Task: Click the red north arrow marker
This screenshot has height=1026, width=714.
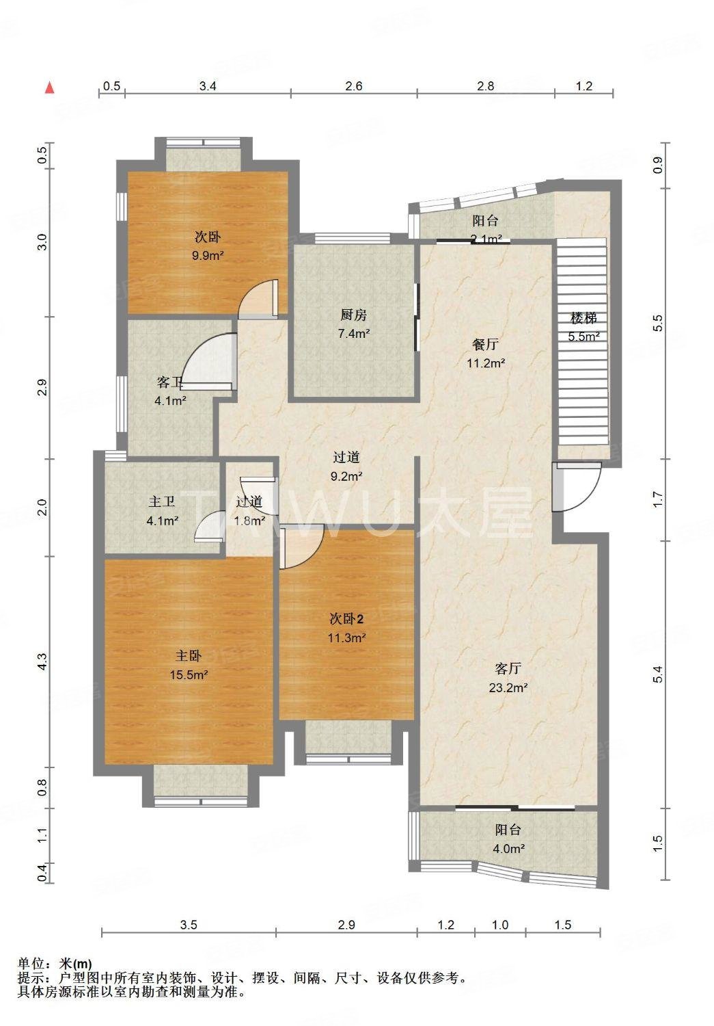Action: (x=49, y=87)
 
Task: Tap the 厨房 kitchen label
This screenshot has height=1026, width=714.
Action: (x=353, y=315)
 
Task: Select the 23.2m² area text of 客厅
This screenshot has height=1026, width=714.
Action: (x=508, y=688)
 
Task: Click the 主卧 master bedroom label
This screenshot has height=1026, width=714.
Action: (x=189, y=656)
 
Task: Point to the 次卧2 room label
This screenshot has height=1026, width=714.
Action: (x=346, y=619)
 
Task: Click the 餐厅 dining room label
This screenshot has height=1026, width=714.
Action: (x=485, y=344)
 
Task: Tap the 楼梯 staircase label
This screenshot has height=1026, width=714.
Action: (x=584, y=318)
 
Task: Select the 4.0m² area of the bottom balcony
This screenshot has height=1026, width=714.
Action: (x=508, y=849)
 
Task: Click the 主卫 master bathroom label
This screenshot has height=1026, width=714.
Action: (x=162, y=502)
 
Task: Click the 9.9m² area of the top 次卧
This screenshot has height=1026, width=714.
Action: (x=208, y=256)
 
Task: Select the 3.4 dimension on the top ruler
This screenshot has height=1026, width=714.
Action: (x=208, y=86)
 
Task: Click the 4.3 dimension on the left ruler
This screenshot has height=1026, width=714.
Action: (x=42, y=661)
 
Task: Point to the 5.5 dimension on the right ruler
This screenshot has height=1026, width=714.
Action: (x=658, y=323)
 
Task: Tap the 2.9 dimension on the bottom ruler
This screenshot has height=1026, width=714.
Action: (x=346, y=925)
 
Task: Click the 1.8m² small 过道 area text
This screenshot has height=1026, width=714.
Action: (x=249, y=520)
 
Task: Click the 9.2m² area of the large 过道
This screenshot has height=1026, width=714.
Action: (x=346, y=476)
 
